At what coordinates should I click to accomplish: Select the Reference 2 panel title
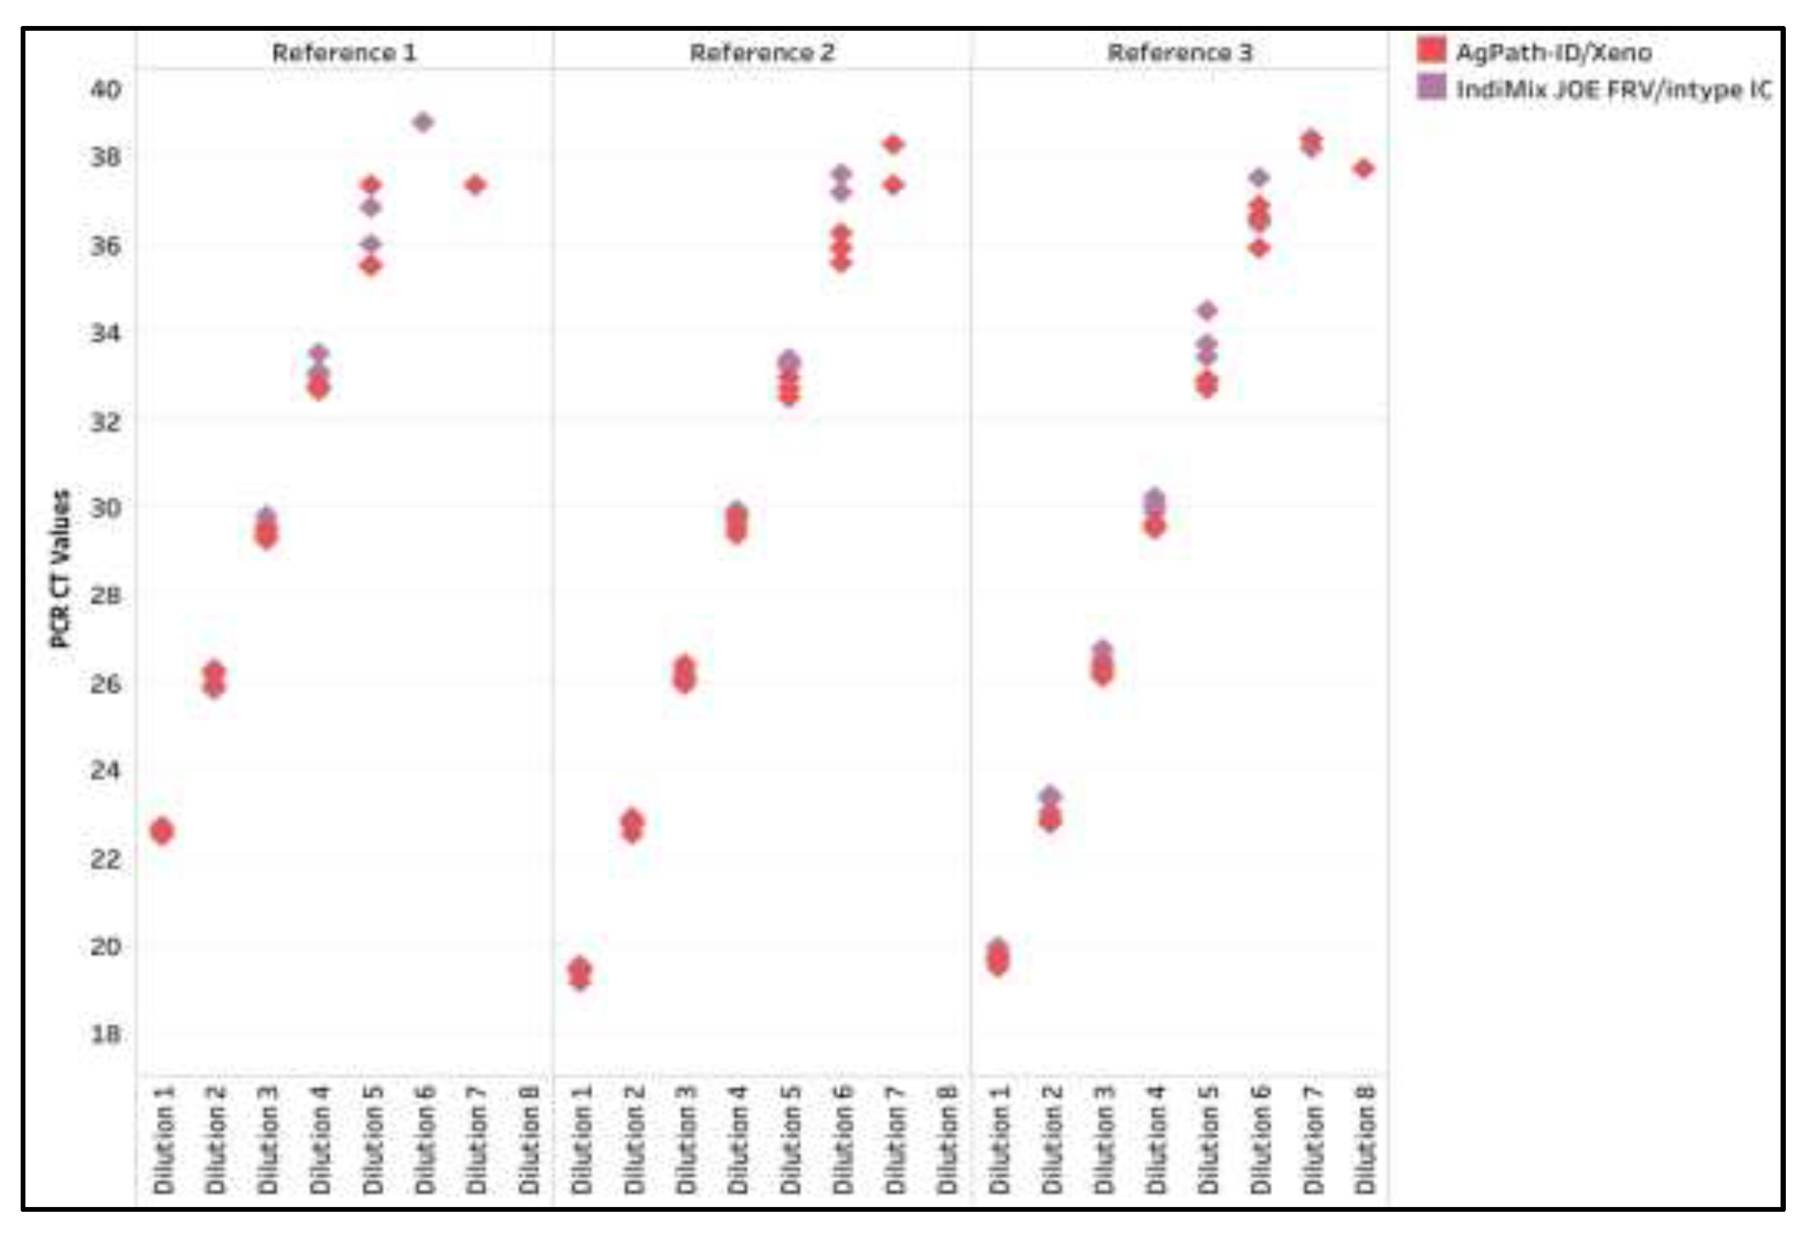[x=762, y=53]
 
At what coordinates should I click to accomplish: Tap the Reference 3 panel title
[x=1179, y=53]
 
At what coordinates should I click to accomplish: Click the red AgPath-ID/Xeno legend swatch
[x=1431, y=50]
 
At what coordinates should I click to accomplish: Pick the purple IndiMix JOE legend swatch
[x=1431, y=87]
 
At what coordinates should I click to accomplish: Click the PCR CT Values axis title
[x=60, y=568]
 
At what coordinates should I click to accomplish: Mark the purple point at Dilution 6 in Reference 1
[x=423, y=122]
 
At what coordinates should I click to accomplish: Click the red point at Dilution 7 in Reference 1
[x=475, y=185]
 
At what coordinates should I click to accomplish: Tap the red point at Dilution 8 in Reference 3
[x=1364, y=169]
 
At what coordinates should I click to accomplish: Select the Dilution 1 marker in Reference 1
[x=162, y=831]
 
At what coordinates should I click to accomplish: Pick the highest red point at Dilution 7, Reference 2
[x=893, y=144]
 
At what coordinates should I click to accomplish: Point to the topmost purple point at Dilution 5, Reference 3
[x=1207, y=310]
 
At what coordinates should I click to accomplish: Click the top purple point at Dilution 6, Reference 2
[x=842, y=173]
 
